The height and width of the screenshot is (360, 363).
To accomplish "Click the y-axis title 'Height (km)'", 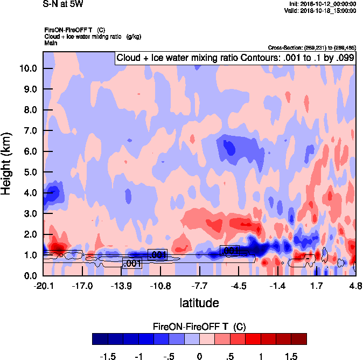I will [x=7, y=163].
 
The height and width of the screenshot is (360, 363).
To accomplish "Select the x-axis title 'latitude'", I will [x=199, y=303].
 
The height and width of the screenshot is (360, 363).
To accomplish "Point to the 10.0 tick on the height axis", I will [x=27, y=68].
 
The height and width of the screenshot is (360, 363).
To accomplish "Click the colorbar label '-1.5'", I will [x=108, y=357].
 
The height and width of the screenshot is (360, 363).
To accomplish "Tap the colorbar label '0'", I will [x=199, y=357].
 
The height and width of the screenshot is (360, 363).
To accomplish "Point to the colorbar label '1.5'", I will [x=291, y=357].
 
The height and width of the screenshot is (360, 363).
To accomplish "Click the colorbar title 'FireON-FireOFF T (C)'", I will [x=199, y=326].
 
